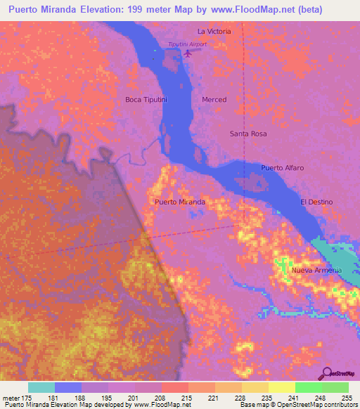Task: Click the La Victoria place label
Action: [214, 32]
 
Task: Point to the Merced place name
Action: [214, 100]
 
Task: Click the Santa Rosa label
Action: [248, 134]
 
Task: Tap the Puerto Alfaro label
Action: [282, 168]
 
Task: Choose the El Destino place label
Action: [316, 202]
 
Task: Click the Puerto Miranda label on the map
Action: [179, 202]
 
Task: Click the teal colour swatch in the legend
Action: [41, 387]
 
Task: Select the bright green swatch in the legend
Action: [308, 387]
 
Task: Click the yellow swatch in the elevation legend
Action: [281, 387]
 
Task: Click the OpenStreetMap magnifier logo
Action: [327, 373]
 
